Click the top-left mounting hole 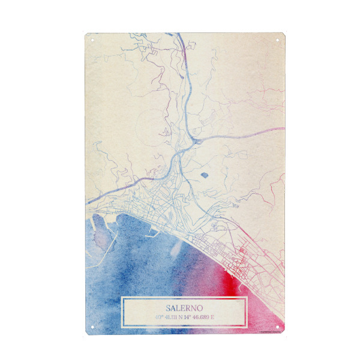92,40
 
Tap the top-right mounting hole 278,40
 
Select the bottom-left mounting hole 92,327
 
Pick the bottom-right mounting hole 278,327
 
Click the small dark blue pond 204,176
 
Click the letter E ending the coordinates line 229,316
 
